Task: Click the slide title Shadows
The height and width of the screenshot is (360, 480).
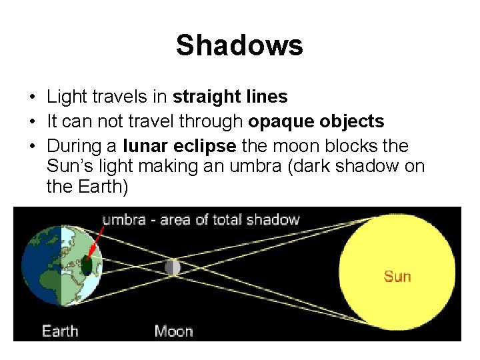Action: tap(239, 46)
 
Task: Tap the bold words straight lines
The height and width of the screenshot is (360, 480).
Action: tap(230, 97)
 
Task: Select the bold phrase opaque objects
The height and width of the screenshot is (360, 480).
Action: tap(316, 121)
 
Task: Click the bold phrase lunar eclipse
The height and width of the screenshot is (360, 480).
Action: tap(179, 146)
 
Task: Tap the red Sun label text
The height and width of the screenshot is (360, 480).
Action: tap(397, 275)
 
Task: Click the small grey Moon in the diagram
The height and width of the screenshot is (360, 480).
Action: tap(173, 267)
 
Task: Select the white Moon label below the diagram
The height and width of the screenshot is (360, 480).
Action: tap(174, 330)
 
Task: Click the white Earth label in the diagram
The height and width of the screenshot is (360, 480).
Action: tap(59, 330)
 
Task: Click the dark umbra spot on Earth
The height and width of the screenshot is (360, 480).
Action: tap(86, 265)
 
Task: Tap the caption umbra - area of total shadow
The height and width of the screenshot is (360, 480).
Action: tap(201, 219)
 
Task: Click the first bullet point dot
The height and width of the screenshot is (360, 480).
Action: tap(32, 97)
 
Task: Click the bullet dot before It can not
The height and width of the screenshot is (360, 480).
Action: tap(32, 122)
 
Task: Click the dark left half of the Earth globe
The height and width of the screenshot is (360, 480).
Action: tap(40, 267)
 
